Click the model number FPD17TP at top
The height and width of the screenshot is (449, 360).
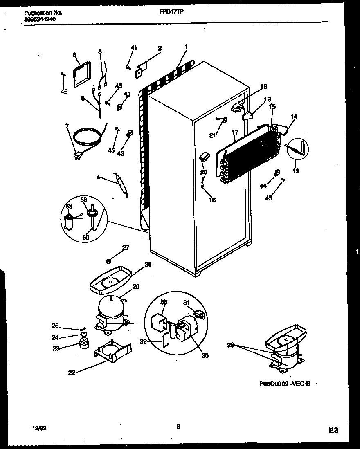click(x=171, y=12)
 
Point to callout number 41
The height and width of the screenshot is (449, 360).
click(x=133, y=48)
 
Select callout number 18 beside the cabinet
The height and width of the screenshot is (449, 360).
click(x=263, y=87)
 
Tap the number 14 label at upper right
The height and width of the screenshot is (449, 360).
click(x=294, y=117)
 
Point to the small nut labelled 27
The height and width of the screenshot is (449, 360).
click(x=109, y=260)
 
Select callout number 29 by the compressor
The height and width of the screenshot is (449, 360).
click(x=136, y=287)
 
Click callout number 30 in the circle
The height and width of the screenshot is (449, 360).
click(x=205, y=355)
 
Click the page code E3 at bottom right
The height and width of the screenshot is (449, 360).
click(x=333, y=430)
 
